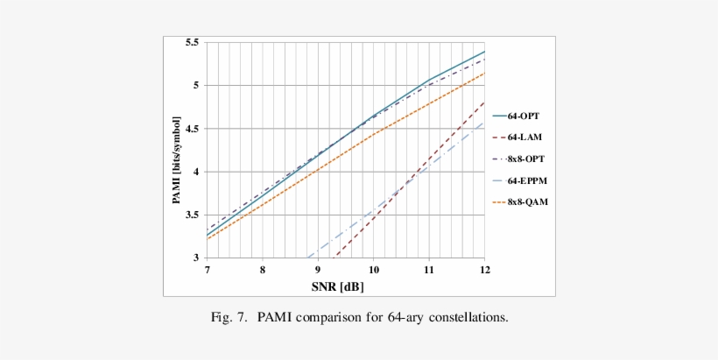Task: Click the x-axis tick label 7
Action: point(208,271)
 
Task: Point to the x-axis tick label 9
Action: point(318,271)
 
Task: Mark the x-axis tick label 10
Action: point(374,271)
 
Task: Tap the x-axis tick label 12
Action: point(484,271)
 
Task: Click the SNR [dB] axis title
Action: point(345,286)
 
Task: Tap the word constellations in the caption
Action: point(465,316)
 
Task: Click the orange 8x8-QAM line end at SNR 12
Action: point(484,73)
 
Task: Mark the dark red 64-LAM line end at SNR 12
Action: point(484,102)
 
